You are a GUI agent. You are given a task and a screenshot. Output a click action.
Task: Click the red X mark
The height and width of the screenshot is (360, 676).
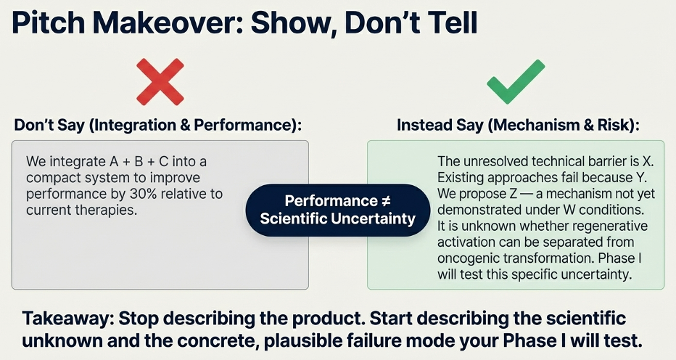tap(160, 82)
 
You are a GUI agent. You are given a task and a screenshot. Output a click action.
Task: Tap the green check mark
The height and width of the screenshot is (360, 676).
tap(516, 81)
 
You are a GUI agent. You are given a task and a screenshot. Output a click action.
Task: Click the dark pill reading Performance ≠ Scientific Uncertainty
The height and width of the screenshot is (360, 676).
tap(337, 210)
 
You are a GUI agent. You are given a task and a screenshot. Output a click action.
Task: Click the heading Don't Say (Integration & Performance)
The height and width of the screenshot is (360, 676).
tap(158, 125)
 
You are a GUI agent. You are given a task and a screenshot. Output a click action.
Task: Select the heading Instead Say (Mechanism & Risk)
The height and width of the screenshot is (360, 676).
tap(518, 125)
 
